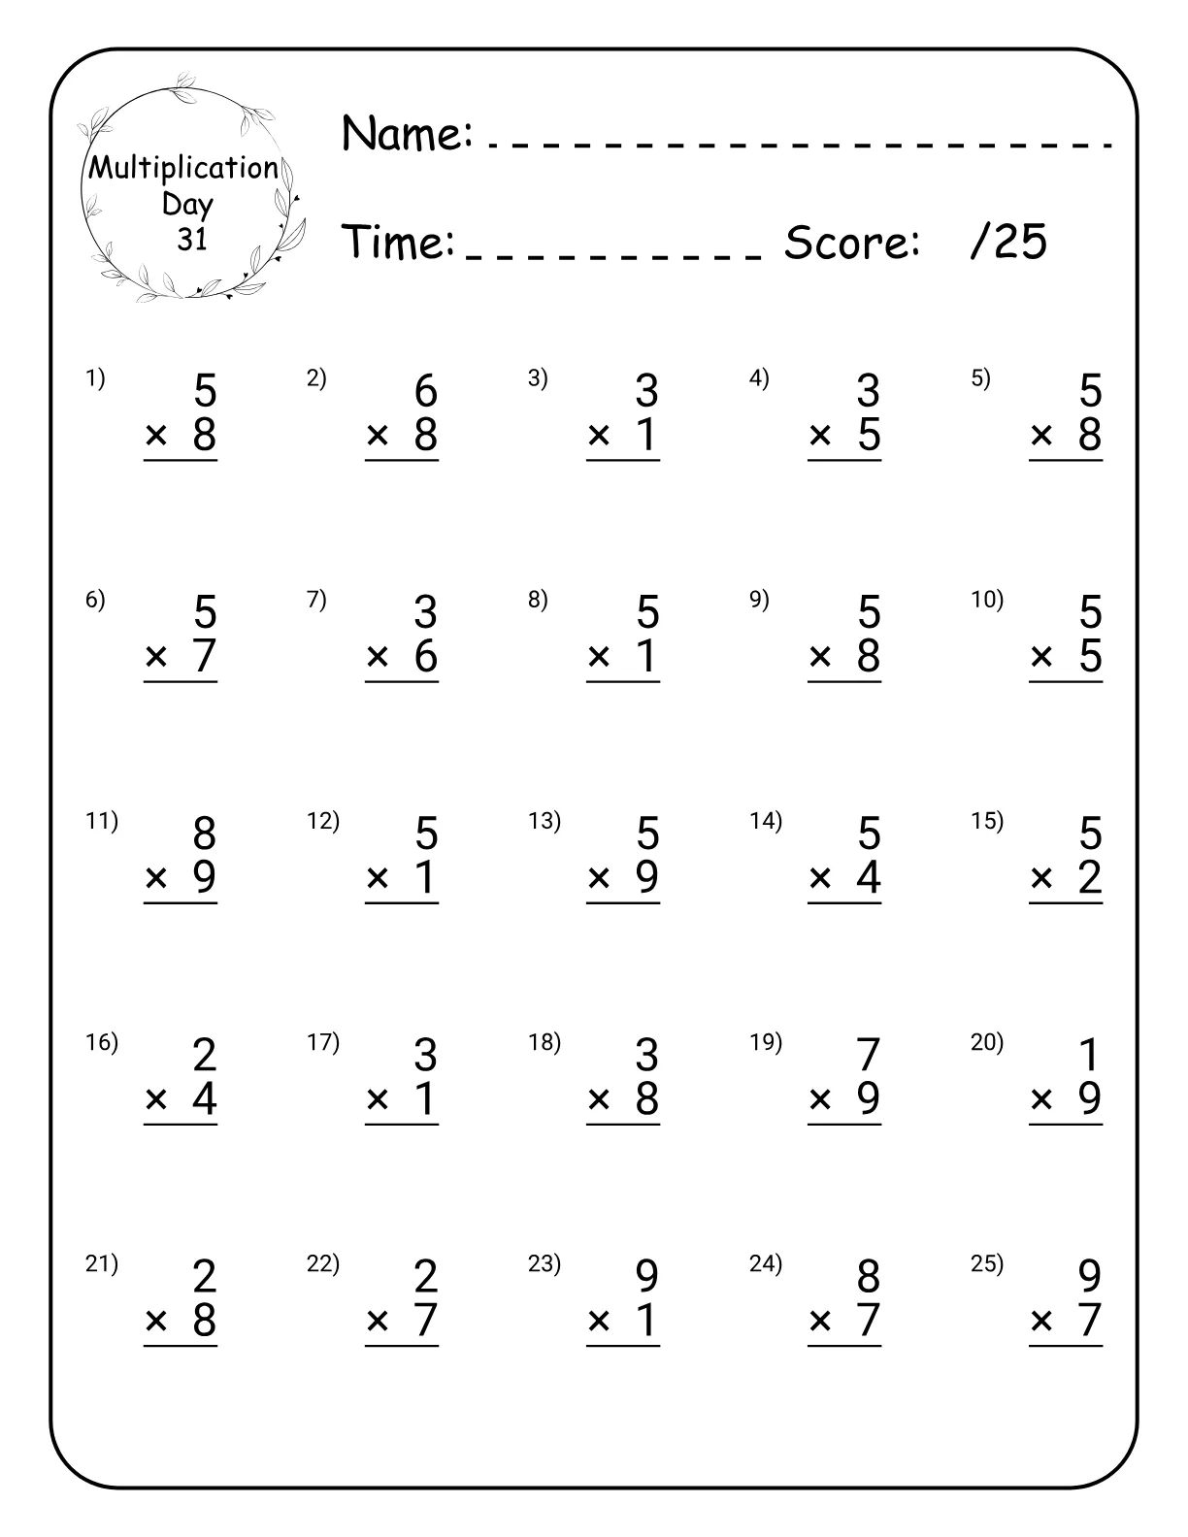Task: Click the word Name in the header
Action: coord(406,133)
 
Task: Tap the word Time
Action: coord(398,243)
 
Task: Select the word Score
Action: coord(851,243)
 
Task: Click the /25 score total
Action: coord(1008,241)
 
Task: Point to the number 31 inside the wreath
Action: coord(192,239)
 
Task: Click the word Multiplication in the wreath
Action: coord(183,168)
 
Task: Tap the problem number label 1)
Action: coord(95,378)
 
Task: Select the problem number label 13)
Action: coord(544,821)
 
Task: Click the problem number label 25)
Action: coord(987,1263)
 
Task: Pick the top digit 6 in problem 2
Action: coord(426,391)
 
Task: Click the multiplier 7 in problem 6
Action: coord(204,656)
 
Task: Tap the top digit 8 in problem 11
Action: coord(204,834)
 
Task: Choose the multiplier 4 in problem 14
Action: coord(869,877)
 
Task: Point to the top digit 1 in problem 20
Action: coord(1090,1055)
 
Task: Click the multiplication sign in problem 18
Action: coord(599,1099)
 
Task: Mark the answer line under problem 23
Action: coord(623,1346)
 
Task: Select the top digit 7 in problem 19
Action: coord(869,1055)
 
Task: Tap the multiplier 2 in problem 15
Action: coord(1090,877)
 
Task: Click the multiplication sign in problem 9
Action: coord(820,657)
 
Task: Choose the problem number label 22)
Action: coord(323,1263)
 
